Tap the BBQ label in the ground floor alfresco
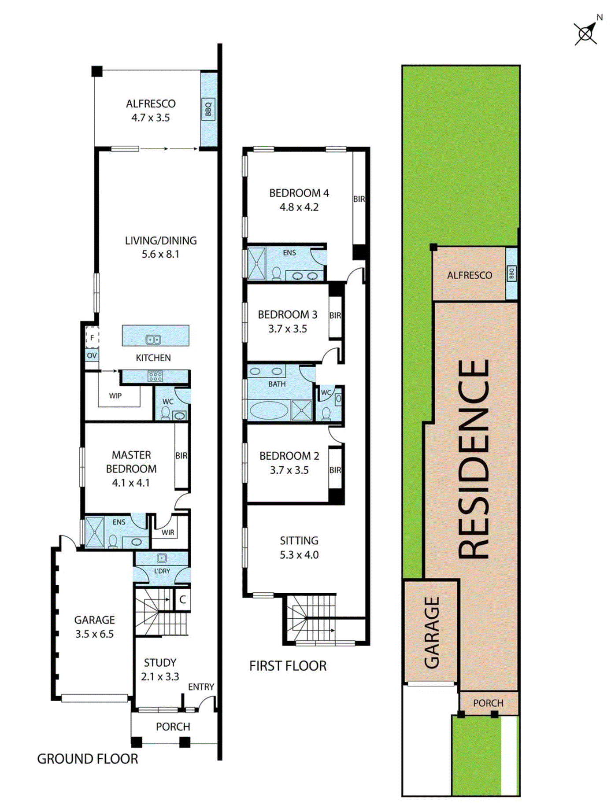click(208, 109)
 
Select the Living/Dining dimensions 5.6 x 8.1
click(160, 254)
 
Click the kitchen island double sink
click(153, 340)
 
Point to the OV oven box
click(92, 355)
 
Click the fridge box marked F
click(92, 338)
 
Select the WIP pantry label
click(115, 395)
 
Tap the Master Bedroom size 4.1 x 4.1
click(131, 483)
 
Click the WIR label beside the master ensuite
click(168, 532)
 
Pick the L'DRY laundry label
click(162, 571)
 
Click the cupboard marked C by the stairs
click(182, 599)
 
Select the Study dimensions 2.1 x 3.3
click(160, 676)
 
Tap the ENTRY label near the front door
click(201, 687)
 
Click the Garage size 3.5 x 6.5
click(94, 634)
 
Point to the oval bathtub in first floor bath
click(269, 410)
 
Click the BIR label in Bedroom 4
click(359, 199)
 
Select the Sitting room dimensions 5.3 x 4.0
click(299, 554)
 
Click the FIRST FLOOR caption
click(288, 665)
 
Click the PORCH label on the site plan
click(488, 703)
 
